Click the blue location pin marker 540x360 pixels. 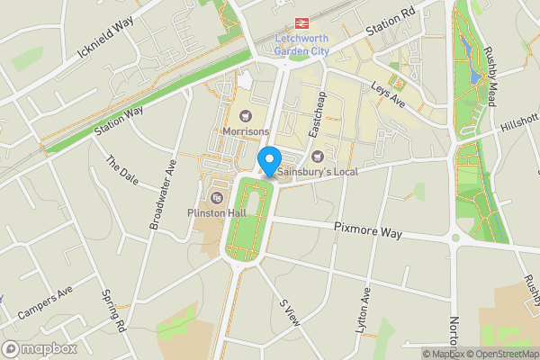click(269, 162)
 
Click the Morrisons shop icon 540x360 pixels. click(246, 116)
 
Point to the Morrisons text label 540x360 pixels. click(246, 132)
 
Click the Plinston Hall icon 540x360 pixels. click(216, 198)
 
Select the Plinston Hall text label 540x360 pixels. click(216, 212)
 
